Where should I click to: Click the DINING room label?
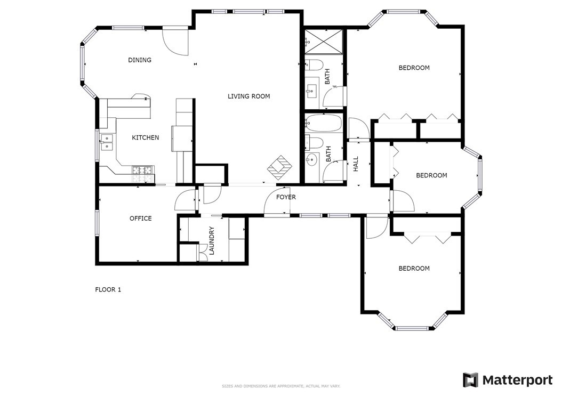pos(140,60)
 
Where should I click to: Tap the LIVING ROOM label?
pos(249,96)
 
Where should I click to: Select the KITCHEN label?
pos(146,137)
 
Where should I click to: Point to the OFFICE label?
pos(141,218)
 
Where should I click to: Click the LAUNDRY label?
pos(212,240)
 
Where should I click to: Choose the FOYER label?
pos(286,197)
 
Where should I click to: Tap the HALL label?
pos(356,164)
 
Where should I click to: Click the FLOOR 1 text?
pos(108,289)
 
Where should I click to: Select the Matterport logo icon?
pos(471,380)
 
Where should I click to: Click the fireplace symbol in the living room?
pos(279,168)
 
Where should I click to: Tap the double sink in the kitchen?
pos(107,142)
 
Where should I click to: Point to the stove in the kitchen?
pos(143,174)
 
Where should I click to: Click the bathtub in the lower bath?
pos(323,123)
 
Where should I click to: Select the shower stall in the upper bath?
pos(324,42)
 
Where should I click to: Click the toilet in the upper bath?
pos(314,65)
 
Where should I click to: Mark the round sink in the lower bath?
pos(312,159)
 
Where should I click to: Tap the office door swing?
pos(184,200)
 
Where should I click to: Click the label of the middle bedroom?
pos(431,175)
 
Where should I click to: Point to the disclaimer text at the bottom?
pos(281,386)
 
